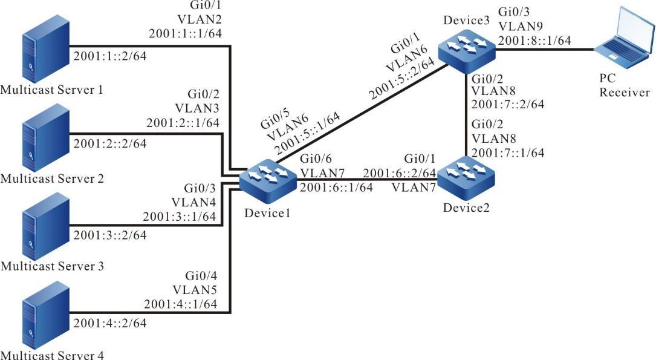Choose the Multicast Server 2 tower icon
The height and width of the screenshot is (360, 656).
coord(36,145)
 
